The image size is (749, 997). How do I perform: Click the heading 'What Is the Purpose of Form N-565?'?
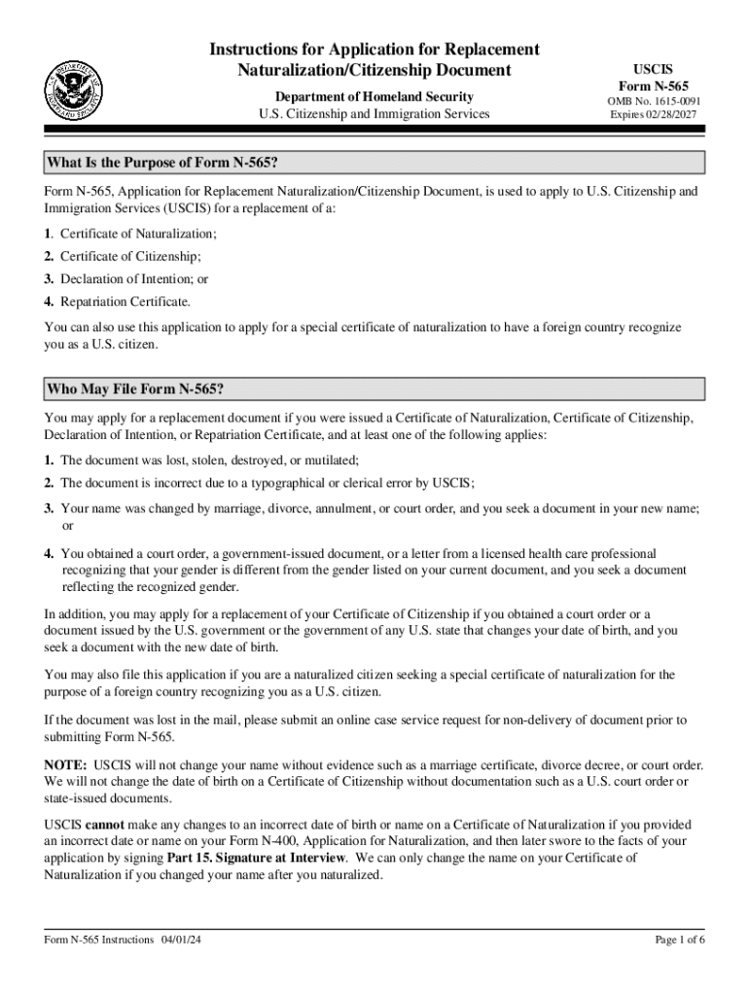pyautogui.click(x=168, y=162)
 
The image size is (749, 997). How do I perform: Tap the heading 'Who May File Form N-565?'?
pyautogui.click(x=135, y=390)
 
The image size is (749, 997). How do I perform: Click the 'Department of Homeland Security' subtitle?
pyautogui.click(x=374, y=96)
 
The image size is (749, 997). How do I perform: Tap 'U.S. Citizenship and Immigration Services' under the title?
pyautogui.click(x=374, y=115)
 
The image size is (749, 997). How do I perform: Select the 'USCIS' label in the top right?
pyautogui.click(x=654, y=70)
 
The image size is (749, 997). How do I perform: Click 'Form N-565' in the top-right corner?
pyautogui.click(x=654, y=86)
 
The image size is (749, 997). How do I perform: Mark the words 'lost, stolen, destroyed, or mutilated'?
pyautogui.click(x=254, y=460)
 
